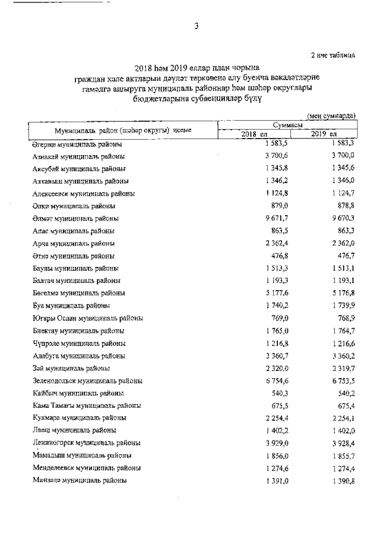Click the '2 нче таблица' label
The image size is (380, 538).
[x=334, y=55]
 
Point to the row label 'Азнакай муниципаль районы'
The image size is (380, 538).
[x=79, y=156]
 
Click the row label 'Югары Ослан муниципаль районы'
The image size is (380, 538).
[x=87, y=318]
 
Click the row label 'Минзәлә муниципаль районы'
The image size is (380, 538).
[x=79, y=480]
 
